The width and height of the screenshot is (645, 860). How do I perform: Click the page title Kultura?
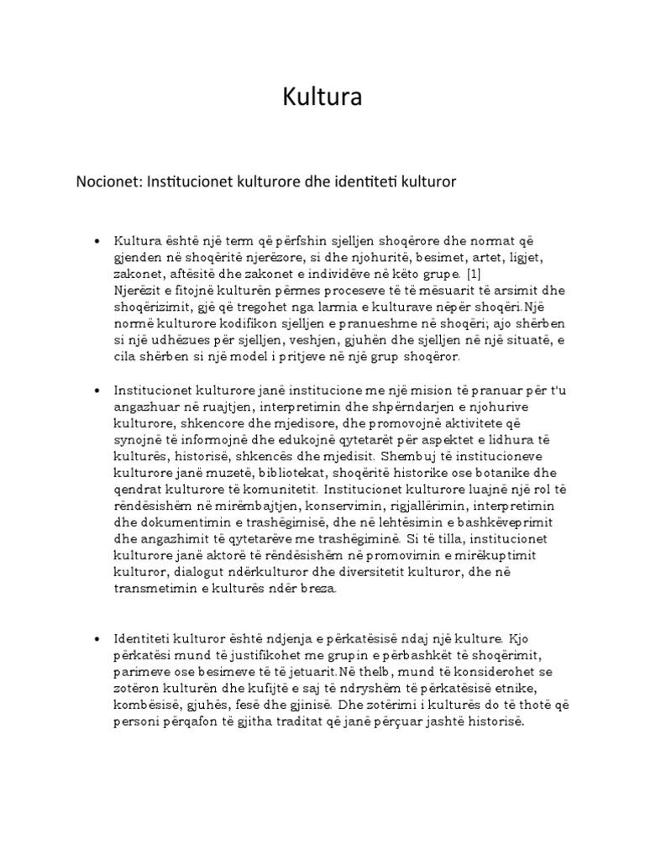point(322,98)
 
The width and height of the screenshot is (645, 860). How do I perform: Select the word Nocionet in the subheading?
point(109,181)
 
